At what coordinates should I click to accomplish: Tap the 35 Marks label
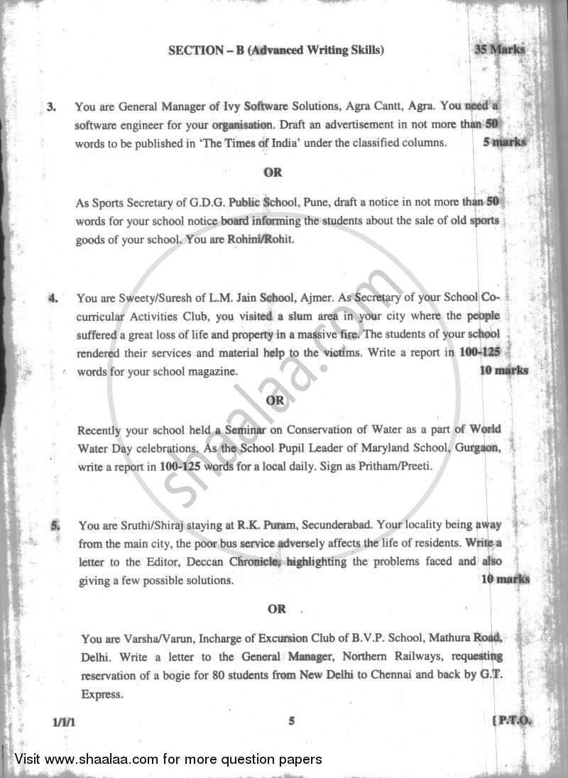tap(500, 50)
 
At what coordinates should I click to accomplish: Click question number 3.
tap(51, 108)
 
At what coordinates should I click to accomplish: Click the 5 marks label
tap(504, 142)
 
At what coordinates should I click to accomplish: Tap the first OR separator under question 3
tap(273, 172)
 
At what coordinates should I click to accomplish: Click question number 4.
tap(53, 298)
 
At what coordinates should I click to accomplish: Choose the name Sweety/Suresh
tap(149, 298)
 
